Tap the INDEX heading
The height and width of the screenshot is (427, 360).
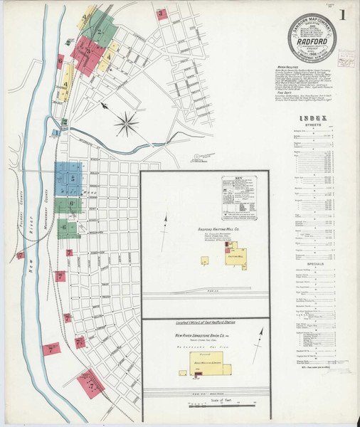(x=314, y=118)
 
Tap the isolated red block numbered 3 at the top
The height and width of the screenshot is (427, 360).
(x=163, y=14)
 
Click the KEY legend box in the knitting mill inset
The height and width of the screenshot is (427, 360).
(x=239, y=197)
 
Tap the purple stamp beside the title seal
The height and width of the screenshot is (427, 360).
(x=346, y=58)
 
